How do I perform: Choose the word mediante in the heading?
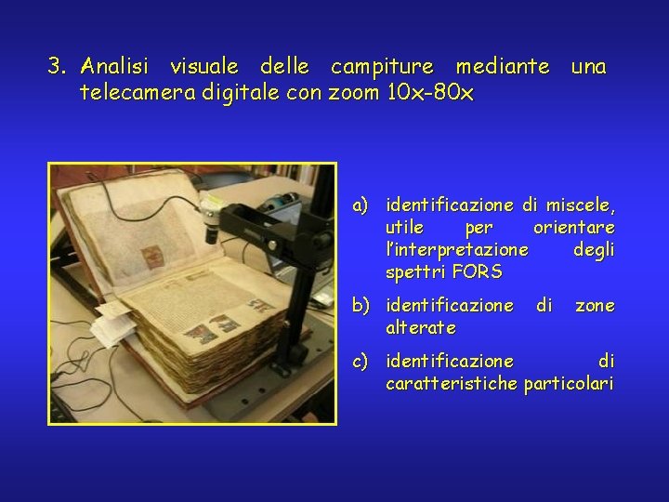501,67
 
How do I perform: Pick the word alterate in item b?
421,327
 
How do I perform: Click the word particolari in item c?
569,382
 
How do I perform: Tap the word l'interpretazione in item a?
457,249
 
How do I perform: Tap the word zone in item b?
595,305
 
